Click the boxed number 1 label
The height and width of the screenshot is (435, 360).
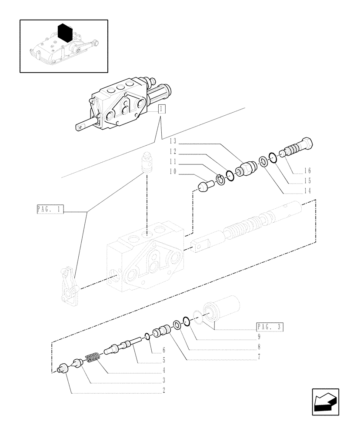click(x=161, y=109)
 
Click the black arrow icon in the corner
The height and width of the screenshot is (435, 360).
click(x=325, y=402)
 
